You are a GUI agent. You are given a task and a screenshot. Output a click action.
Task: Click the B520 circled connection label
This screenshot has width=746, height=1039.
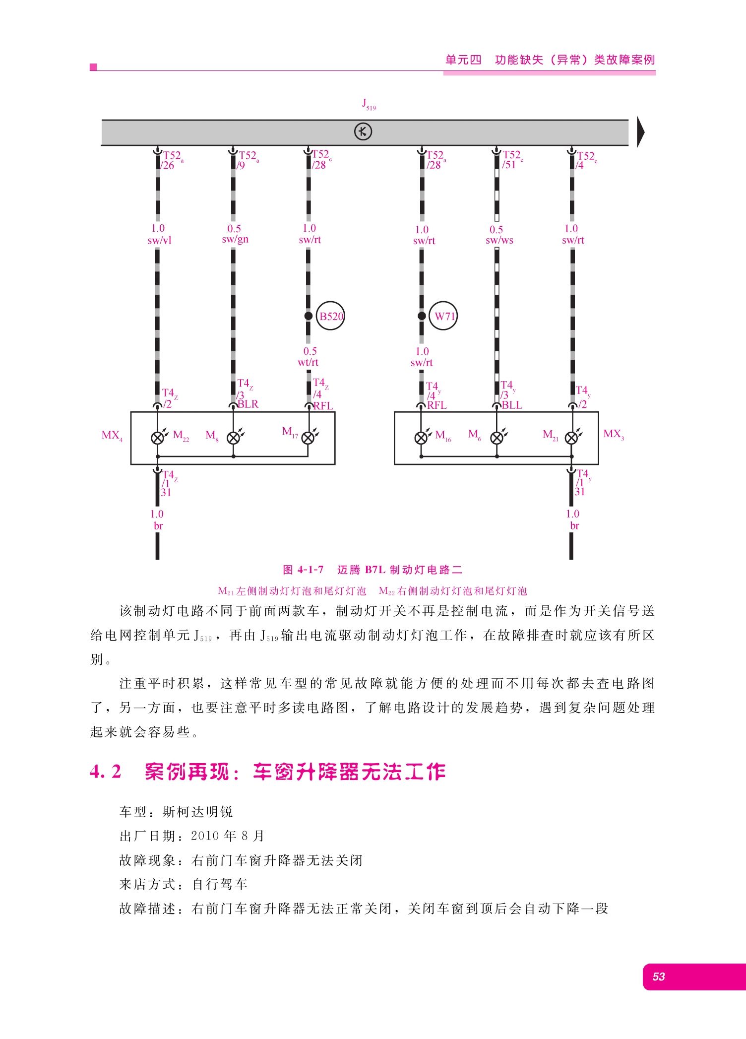point(330,316)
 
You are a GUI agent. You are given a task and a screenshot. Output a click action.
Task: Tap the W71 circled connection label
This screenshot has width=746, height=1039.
point(443,316)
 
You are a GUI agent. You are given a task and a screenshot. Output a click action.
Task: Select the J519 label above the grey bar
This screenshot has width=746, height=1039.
point(369,104)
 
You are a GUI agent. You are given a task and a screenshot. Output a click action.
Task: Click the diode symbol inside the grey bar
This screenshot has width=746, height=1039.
point(363,132)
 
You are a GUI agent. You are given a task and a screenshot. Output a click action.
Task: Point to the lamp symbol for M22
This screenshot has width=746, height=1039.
point(158,438)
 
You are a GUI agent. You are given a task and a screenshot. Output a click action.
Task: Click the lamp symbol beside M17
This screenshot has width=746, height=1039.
point(308,438)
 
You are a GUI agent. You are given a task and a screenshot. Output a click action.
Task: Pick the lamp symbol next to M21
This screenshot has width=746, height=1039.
point(572,438)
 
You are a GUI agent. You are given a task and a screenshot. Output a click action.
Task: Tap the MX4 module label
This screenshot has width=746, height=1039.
point(112,436)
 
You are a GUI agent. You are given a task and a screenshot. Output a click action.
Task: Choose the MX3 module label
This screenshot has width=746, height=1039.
point(614,434)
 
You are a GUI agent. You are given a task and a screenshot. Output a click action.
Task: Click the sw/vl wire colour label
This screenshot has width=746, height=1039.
point(159,241)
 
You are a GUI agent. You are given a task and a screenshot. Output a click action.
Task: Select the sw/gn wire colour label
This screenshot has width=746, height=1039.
point(235,240)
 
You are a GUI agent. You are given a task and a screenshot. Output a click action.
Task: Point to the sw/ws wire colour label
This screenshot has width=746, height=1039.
point(499,241)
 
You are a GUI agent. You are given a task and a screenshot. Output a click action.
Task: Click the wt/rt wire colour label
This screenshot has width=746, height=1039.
point(308,363)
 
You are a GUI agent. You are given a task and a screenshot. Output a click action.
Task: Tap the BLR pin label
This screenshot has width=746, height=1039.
point(248,404)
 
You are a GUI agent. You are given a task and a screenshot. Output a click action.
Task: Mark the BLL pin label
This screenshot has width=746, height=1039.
point(512,405)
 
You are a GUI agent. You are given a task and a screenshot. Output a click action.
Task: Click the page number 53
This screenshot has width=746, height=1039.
point(659,976)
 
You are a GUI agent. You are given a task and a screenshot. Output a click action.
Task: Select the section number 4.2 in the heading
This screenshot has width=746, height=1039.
point(106,772)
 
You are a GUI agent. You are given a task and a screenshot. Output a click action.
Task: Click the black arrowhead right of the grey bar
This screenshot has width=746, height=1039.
point(641,132)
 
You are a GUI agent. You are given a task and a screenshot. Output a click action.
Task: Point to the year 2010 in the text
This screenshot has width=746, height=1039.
point(205,836)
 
